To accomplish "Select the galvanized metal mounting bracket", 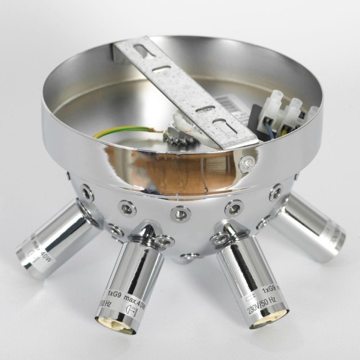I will pyautogui.click(x=186, y=93).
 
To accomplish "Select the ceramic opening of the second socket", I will pyautogui.click(x=115, y=323).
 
